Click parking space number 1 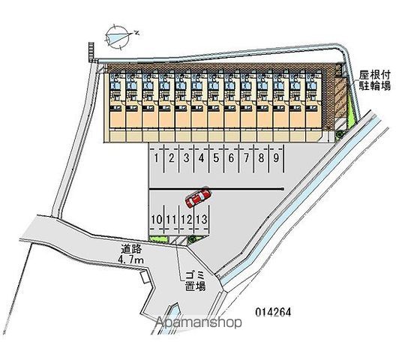(x=156, y=158)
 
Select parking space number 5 (x=216, y=158)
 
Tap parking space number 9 (x=276, y=158)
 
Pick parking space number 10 (x=157, y=219)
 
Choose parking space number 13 (x=202, y=219)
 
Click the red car (x=198, y=197)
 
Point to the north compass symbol (x=118, y=37)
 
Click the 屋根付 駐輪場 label (x=375, y=81)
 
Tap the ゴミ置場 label (x=196, y=281)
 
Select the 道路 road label (x=131, y=249)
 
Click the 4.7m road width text (x=130, y=259)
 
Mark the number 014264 (x=273, y=312)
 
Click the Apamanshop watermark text (x=199, y=322)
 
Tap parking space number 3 (x=187, y=158)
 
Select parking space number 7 (x=246, y=158)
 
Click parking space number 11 (x=172, y=219)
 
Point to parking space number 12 (x=187, y=219)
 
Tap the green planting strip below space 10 (x=158, y=238)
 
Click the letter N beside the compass (x=137, y=32)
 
